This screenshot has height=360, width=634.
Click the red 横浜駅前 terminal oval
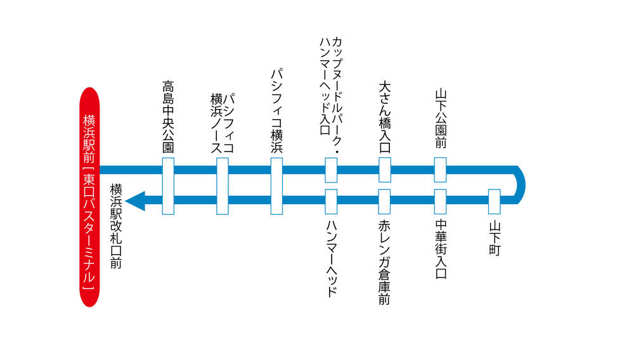89,197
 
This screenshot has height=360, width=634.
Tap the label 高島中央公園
168,117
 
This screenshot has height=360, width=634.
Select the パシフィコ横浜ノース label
223,123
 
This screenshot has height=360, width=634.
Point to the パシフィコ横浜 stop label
276,111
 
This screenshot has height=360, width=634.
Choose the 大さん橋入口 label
385,117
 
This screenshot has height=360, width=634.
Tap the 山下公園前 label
441,119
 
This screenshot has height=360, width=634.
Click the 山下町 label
495,238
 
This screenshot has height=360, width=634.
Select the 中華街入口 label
441,249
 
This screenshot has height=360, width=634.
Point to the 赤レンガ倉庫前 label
384,262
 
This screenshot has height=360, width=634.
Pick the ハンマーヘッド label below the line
331,259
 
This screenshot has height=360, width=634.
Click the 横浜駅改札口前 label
116,226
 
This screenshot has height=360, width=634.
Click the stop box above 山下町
495,202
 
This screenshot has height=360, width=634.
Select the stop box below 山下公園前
441,170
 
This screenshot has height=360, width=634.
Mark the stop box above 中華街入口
441,202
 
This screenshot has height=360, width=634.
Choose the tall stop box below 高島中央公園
168,186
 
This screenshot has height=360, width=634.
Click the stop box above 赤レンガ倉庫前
385,202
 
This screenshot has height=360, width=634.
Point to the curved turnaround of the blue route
521,185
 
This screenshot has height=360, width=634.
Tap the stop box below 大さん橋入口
385,170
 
